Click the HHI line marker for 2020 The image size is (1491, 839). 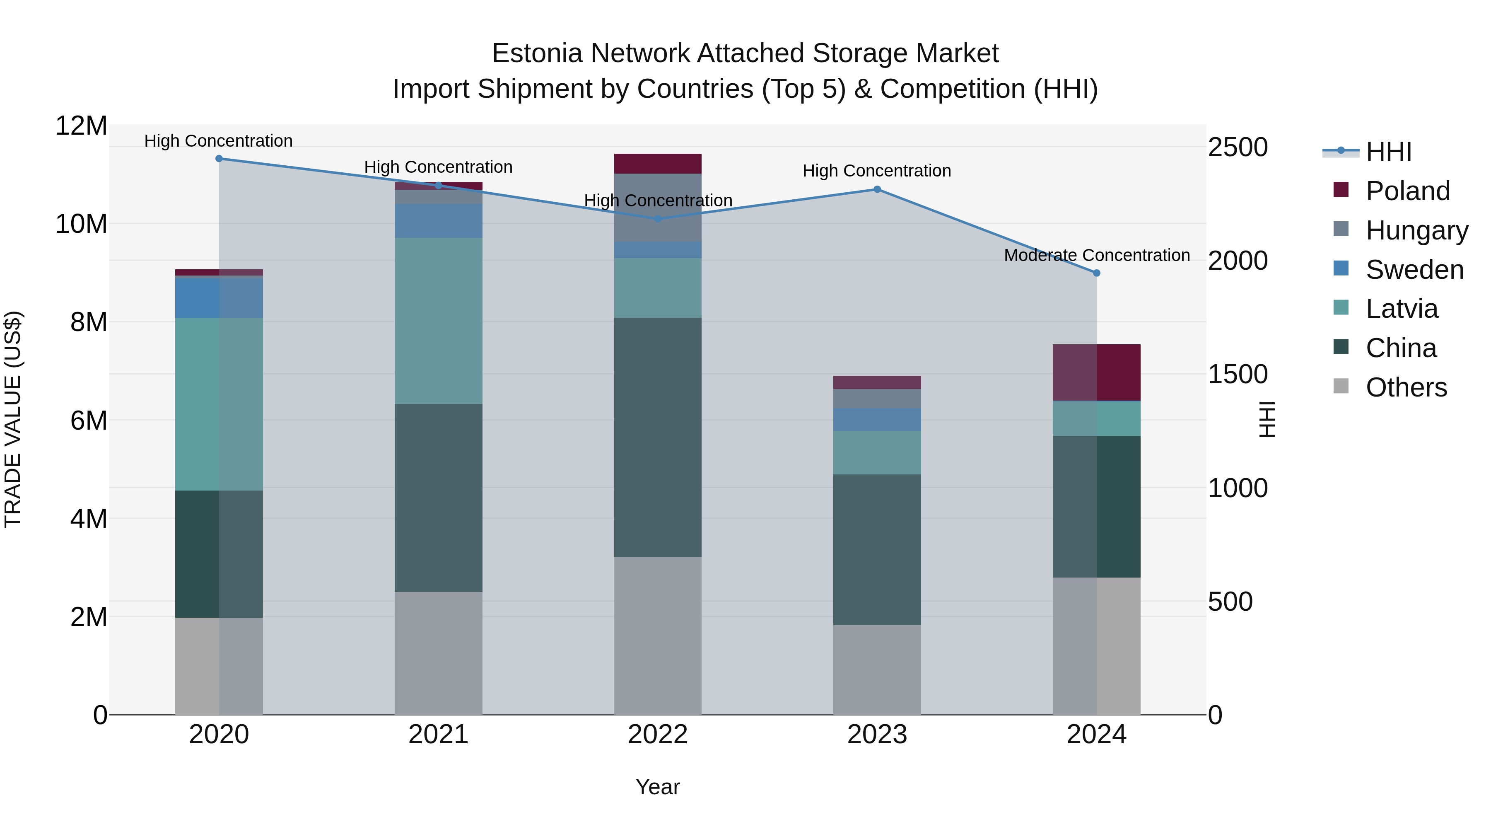click(219, 159)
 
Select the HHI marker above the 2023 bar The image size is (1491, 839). click(877, 189)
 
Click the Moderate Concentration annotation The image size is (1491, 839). click(1096, 255)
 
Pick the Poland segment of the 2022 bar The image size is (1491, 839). click(658, 164)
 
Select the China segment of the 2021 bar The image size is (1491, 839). click(438, 498)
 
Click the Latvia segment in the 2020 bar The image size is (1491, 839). click(219, 404)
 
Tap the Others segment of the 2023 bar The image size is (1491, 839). click(877, 670)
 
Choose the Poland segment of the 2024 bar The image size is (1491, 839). click(1096, 372)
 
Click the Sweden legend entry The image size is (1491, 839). click(1414, 270)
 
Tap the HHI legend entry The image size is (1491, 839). click(1388, 152)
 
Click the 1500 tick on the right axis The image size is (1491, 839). click(1238, 374)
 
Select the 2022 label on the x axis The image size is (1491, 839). click(658, 735)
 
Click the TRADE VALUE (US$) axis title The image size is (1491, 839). click(13, 419)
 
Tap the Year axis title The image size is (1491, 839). click(658, 787)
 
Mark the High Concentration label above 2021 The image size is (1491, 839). click(438, 167)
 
